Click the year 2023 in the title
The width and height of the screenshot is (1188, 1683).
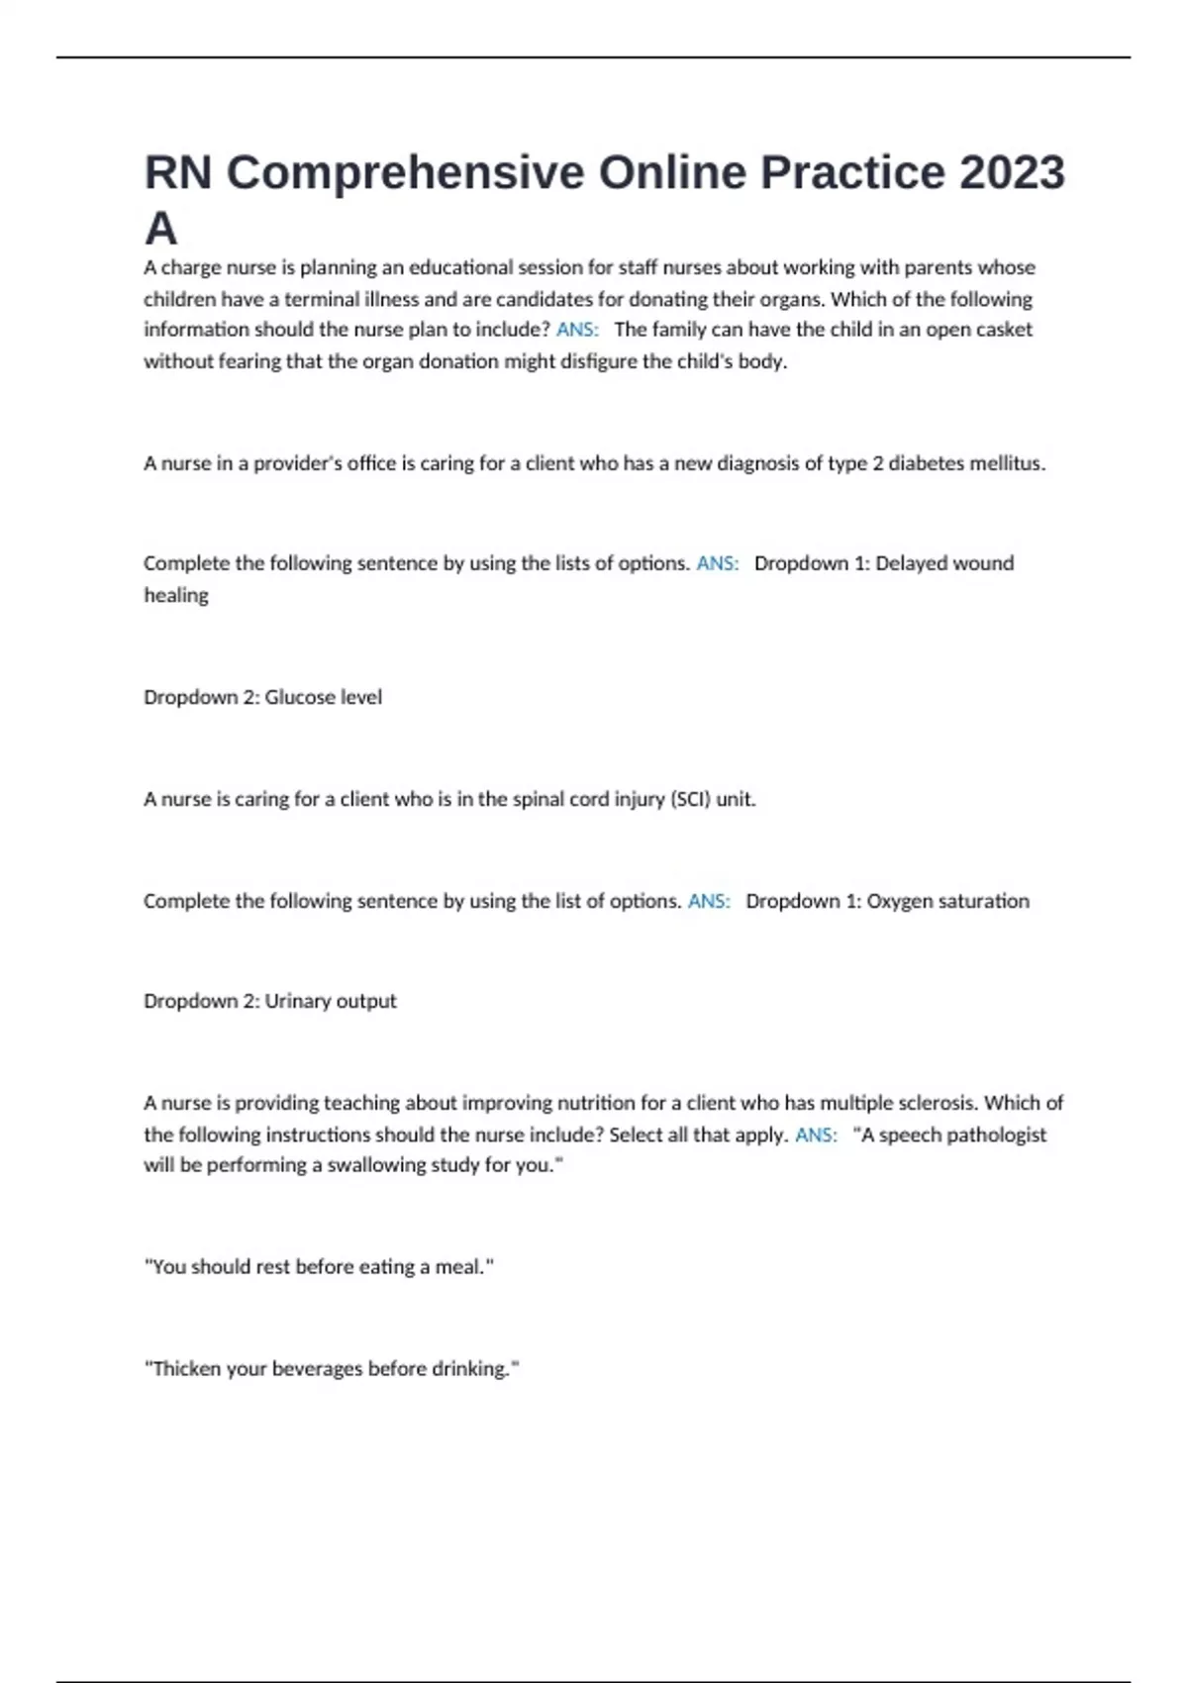click(1012, 172)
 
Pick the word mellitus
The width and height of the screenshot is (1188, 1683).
click(1007, 463)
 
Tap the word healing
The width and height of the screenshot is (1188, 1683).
click(176, 595)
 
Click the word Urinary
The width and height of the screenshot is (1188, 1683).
click(298, 1001)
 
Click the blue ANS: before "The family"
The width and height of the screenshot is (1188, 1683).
click(577, 330)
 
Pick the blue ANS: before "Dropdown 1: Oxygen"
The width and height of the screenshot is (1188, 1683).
click(709, 901)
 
